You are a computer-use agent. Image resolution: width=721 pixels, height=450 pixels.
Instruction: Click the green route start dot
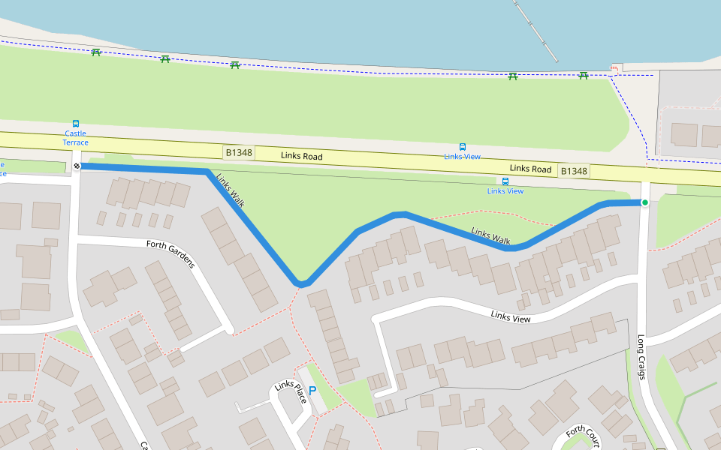644,202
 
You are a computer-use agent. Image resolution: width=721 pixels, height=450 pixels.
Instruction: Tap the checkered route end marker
77,166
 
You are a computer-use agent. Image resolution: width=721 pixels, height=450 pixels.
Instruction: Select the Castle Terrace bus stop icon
75,124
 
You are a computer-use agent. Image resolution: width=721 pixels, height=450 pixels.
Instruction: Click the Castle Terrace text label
75,138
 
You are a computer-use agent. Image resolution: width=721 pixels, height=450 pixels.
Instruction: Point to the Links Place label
290,391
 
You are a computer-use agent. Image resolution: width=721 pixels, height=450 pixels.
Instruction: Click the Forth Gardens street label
170,253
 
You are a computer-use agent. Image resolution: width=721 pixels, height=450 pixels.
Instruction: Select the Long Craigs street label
641,356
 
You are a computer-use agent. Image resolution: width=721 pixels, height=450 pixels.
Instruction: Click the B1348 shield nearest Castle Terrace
240,152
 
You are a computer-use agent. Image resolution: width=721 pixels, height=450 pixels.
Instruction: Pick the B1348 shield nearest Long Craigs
574,171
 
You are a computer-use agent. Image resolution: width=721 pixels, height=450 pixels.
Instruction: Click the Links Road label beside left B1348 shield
302,156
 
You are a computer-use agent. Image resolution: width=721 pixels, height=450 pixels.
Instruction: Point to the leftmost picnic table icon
96,52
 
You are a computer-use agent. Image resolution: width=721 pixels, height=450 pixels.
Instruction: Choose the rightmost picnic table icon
583,75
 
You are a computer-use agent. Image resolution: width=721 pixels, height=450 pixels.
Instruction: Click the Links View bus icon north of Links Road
462,147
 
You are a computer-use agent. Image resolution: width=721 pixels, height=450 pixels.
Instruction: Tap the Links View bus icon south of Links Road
505,181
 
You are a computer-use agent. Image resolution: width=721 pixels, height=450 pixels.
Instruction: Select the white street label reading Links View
511,317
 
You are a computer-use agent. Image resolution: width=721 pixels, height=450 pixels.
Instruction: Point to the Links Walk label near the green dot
490,236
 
